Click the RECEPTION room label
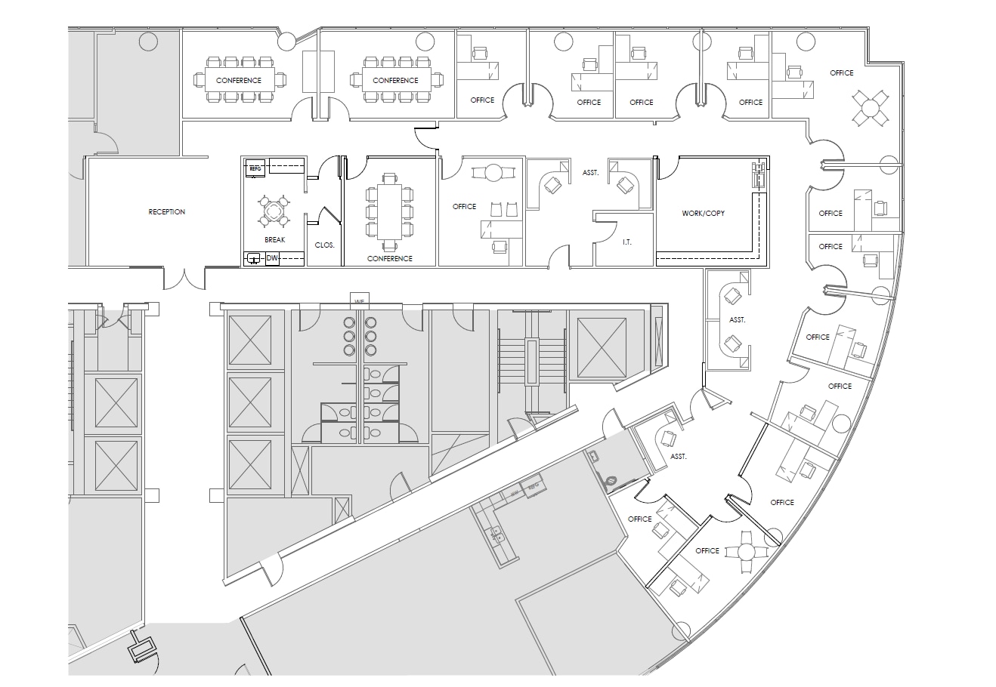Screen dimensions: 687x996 (x=166, y=212)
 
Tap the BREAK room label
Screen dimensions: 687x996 (x=274, y=239)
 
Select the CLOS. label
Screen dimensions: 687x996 (x=324, y=245)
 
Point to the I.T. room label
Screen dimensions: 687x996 (x=626, y=242)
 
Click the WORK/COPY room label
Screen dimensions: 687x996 (x=703, y=214)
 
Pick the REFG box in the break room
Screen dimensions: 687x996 (x=255, y=168)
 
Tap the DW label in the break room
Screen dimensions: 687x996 (x=271, y=258)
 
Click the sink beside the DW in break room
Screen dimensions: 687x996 (x=252, y=258)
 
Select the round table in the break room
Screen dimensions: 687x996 (x=274, y=211)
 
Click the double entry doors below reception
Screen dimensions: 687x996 (x=184, y=279)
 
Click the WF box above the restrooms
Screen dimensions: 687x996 (x=360, y=300)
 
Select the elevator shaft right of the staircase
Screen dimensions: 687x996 (x=602, y=347)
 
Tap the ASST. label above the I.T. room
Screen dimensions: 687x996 (x=590, y=173)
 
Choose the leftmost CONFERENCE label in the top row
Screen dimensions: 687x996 (x=238, y=80)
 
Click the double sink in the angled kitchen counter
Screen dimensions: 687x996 (x=497, y=535)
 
